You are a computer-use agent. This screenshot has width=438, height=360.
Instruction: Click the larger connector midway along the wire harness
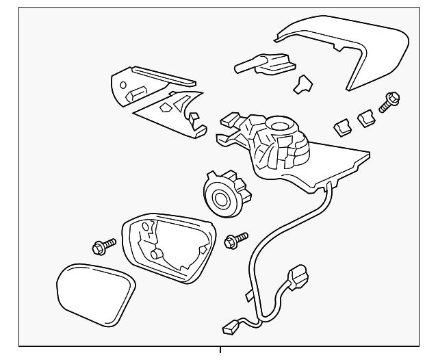pos(299,279)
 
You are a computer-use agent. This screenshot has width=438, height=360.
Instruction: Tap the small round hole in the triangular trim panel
pos(123,85)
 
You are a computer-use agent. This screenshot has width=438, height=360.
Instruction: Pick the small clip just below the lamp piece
pos(301,84)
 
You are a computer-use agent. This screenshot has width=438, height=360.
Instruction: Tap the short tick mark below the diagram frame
pos(220,351)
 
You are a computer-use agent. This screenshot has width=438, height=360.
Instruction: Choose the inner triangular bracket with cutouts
pos(171,110)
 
